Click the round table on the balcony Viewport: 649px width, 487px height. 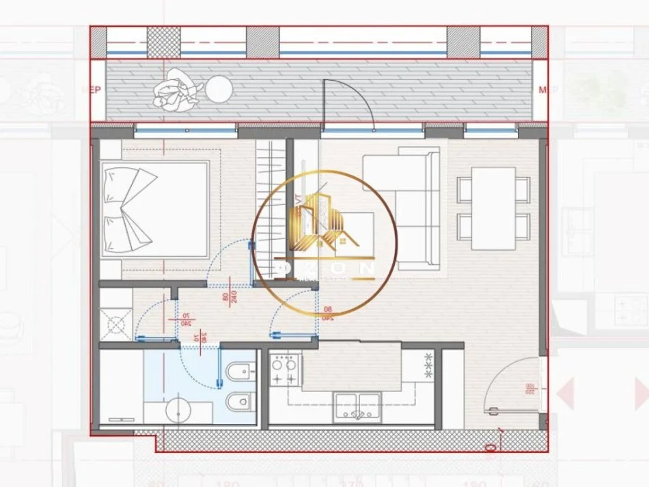click(219, 89)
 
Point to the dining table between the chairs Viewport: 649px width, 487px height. click(493, 208)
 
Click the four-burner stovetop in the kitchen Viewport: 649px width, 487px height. click(284, 370)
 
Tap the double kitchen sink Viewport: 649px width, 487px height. click(357, 406)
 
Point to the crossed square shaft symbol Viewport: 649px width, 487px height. click(116, 324)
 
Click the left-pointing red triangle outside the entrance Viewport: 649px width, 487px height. click(566, 394)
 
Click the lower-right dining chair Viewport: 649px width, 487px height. click(523, 226)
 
